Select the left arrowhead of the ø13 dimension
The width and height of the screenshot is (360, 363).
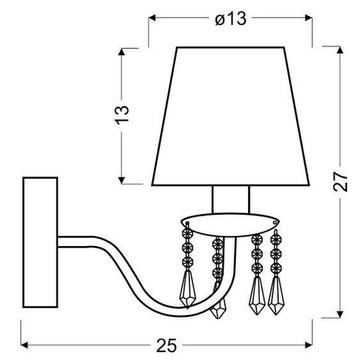click(x=152, y=20)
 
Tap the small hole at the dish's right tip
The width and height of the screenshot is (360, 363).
click(x=275, y=221)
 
